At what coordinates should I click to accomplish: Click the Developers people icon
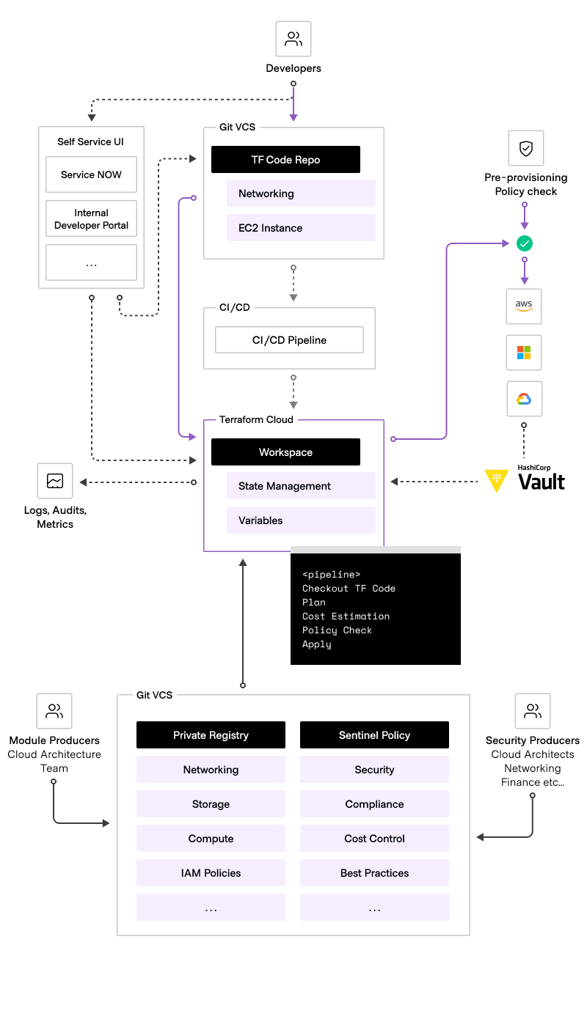[293, 39]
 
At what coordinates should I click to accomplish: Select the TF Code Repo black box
[285, 160]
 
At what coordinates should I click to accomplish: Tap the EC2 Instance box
[301, 228]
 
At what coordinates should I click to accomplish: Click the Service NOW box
[91, 174]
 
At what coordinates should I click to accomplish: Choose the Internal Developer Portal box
[91, 219]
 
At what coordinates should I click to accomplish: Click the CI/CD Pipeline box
[289, 340]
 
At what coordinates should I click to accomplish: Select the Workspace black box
[285, 452]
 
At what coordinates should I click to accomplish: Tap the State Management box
[301, 486]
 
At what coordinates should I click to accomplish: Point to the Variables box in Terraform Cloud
[301, 520]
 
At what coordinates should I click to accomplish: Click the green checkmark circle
[525, 243]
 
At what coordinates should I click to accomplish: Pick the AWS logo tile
[524, 306]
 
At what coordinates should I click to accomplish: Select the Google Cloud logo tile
[524, 399]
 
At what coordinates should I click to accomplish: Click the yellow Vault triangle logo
[497, 481]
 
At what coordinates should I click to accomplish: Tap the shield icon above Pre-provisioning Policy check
[526, 149]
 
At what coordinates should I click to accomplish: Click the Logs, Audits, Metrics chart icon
[55, 481]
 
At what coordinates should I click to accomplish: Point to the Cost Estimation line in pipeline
[346, 616]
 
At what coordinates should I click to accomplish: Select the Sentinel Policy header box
[374, 735]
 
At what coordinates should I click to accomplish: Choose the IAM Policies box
[211, 873]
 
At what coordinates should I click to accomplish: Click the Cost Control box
[374, 839]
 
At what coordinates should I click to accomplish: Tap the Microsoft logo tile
[524, 353]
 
